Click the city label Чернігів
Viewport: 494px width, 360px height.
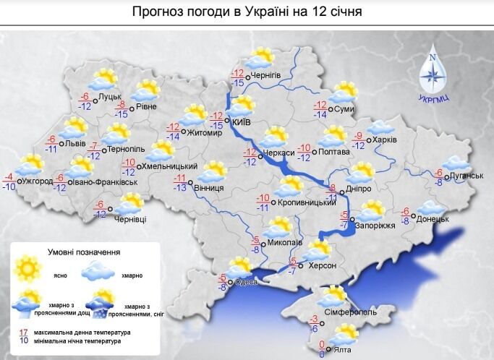coord(265,77)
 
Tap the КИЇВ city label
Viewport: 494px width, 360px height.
coord(244,123)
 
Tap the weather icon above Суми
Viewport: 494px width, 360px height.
coord(343,93)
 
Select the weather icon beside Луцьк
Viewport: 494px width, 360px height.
coord(107,79)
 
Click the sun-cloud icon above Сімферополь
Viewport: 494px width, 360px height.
coord(335,296)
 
